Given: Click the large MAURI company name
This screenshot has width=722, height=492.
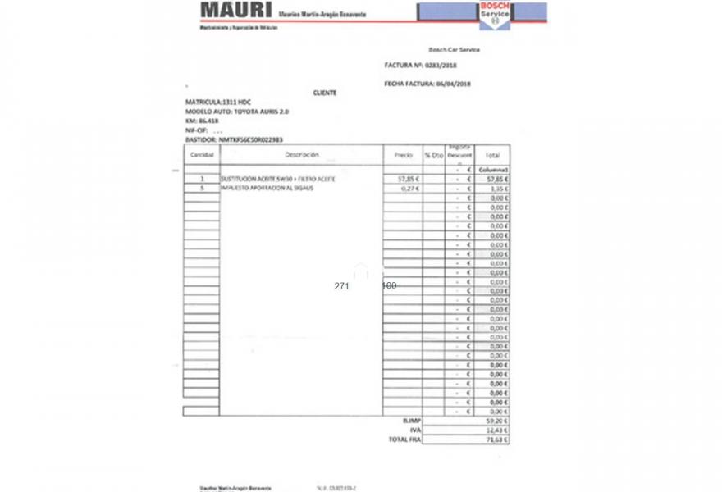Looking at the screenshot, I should pyautogui.click(x=235, y=11).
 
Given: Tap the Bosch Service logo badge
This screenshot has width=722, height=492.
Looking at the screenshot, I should pyautogui.click(x=495, y=14).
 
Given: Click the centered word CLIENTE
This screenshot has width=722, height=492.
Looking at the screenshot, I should pyautogui.click(x=324, y=93).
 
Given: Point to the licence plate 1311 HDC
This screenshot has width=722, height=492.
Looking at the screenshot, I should pyautogui.click(x=232, y=102).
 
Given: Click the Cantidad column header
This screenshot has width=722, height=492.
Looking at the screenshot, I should pyautogui.click(x=202, y=154).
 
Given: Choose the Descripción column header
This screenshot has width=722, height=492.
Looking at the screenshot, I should pyautogui.click(x=302, y=154).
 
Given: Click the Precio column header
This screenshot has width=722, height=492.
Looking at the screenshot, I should pyautogui.click(x=403, y=154).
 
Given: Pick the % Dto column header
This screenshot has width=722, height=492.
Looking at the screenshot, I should pyautogui.click(x=434, y=154).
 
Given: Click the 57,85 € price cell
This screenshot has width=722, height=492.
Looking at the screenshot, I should pyautogui.click(x=408, y=178).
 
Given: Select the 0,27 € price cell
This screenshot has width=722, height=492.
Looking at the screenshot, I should pyautogui.click(x=409, y=188).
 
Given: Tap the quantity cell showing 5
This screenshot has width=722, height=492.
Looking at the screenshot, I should pyautogui.click(x=201, y=188).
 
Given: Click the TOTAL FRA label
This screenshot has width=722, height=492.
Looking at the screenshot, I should pyautogui.click(x=404, y=440).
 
